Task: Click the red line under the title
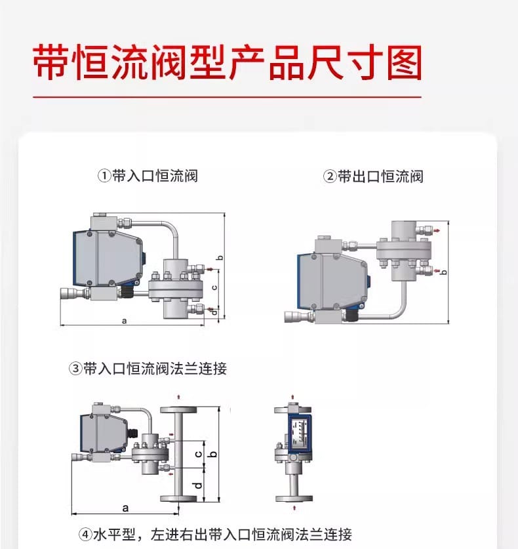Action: point(227,97)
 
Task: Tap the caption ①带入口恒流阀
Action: point(148,176)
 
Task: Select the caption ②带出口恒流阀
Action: point(374,176)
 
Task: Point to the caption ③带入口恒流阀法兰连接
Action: point(148,369)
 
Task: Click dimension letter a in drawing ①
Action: point(124,320)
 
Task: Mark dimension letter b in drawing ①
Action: point(220,257)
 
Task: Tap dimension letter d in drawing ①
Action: point(214,312)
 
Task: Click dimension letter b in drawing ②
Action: point(444,271)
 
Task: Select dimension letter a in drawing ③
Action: point(125,508)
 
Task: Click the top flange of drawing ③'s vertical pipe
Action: point(179,409)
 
